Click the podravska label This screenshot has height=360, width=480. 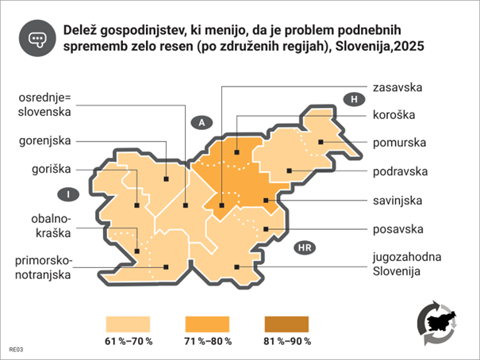[x=401, y=170]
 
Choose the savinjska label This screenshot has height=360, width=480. [x=398, y=201]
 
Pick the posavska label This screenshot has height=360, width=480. [x=397, y=231]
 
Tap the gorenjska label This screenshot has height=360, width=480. [x=44, y=141]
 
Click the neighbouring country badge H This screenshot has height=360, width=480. [x=353, y=98]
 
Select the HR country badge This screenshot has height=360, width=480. [x=304, y=248]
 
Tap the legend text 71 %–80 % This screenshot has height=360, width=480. [x=208, y=342]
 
